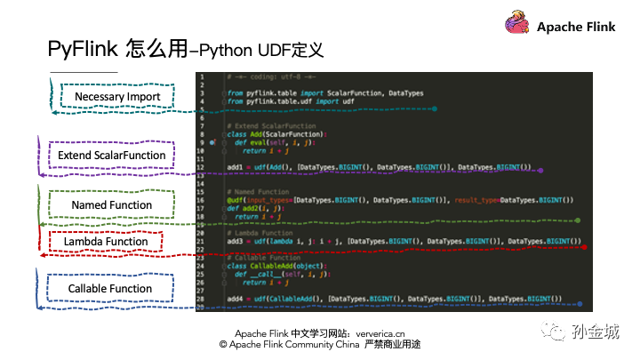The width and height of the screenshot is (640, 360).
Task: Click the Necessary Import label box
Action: click(117, 96)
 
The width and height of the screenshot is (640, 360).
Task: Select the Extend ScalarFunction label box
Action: click(111, 156)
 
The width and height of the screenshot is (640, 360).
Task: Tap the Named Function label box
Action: click(111, 205)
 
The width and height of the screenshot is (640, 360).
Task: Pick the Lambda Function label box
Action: click(106, 241)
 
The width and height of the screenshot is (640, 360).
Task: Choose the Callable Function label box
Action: click(110, 289)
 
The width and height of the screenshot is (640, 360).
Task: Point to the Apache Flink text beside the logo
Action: click(575, 27)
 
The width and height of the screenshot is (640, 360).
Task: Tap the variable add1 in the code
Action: click(235, 167)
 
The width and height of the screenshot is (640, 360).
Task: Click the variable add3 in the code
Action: click(235, 241)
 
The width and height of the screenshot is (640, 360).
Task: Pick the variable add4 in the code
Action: click(235, 298)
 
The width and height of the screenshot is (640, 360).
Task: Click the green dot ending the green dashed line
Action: click(578, 220)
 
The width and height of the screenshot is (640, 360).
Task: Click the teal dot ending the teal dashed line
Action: click(436, 108)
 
